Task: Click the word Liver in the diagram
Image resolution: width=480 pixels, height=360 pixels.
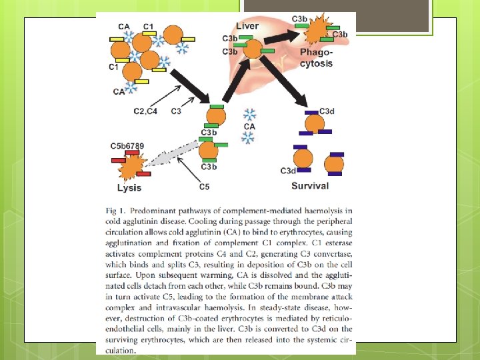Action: click(x=247, y=25)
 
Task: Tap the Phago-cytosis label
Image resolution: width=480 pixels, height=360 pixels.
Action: click(x=316, y=58)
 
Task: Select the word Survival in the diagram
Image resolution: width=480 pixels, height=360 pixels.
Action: click(x=310, y=187)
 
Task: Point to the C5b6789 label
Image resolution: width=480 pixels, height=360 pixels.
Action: click(x=127, y=146)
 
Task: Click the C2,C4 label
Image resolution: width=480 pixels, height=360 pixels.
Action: click(x=145, y=111)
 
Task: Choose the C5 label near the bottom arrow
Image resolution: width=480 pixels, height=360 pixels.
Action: click(x=204, y=187)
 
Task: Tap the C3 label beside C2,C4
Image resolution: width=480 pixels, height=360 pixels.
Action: click(x=176, y=111)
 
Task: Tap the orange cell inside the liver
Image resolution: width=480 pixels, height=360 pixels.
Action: click(x=252, y=48)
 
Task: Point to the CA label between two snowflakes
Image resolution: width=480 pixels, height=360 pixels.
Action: click(x=249, y=126)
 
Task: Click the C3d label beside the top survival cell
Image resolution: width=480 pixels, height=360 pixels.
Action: click(x=327, y=111)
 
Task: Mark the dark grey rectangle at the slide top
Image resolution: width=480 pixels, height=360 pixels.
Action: click(x=300, y=15)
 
